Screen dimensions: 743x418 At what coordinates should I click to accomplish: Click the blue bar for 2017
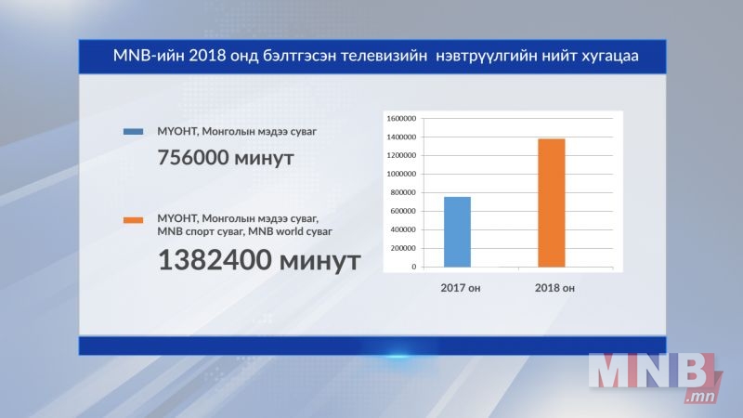click(x=457, y=231)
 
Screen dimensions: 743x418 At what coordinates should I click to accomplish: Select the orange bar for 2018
click(x=552, y=202)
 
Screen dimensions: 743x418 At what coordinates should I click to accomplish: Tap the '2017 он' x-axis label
click(x=460, y=288)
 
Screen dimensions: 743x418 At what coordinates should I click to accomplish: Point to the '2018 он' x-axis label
click(x=554, y=288)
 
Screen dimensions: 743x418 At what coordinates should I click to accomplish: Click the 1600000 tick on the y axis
click(x=401, y=119)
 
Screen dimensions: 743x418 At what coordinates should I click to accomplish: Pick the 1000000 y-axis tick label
click(x=401, y=174)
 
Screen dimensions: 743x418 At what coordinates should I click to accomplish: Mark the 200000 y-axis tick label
click(x=403, y=248)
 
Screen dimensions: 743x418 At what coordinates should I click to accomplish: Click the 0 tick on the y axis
click(x=413, y=267)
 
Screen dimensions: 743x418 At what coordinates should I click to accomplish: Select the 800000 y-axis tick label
click(x=403, y=192)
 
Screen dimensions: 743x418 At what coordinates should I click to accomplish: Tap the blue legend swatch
click(x=133, y=131)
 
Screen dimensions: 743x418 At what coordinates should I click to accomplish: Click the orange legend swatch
click(x=133, y=220)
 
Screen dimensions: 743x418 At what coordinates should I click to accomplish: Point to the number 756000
click(x=193, y=157)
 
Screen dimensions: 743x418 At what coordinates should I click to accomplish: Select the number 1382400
click(x=215, y=260)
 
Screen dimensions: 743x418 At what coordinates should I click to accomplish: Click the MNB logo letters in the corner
click(x=652, y=371)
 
